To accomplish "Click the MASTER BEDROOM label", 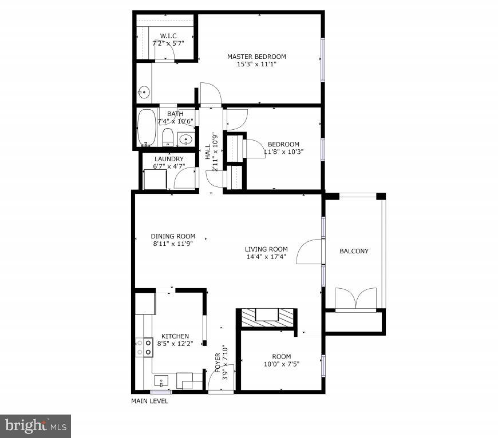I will coord(256,57).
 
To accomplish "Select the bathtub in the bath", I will coord(146,127).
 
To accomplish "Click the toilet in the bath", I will coord(168,137).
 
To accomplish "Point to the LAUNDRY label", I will coord(169,159).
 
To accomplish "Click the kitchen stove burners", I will coord(144,348).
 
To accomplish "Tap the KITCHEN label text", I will coord(175,336).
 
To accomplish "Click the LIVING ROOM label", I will coord(266,249).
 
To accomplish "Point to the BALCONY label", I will coord(354,251).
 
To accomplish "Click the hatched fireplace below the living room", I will coord(267,318).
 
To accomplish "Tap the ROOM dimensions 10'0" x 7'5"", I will coord(281,364).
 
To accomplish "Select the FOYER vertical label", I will coord(218,364).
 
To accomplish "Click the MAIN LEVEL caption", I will coord(150,401).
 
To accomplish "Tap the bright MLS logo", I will coord(35,426).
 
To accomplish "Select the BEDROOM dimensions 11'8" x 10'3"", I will coord(283,152).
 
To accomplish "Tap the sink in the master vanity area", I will coord(144,91).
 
